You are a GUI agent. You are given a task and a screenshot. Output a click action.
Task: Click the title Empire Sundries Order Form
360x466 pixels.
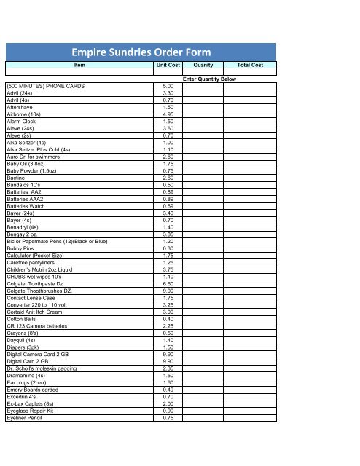click(x=141, y=52)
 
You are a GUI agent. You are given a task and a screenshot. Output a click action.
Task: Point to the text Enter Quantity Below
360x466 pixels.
click(x=209, y=79)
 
